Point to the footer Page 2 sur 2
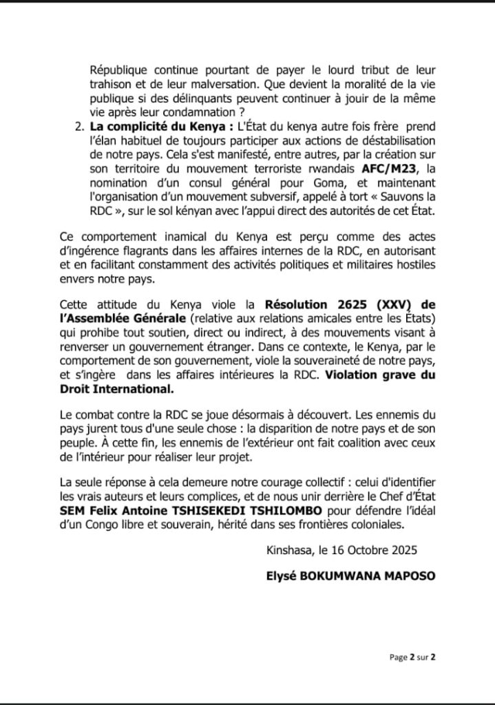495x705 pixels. [x=412, y=657]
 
